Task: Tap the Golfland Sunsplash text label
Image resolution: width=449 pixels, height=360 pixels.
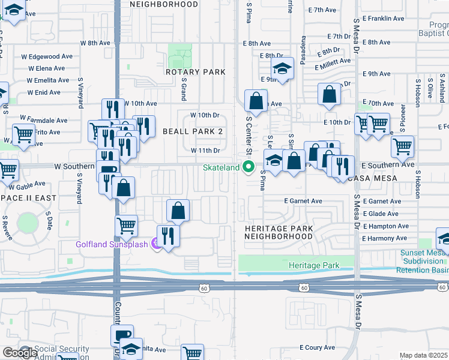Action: [x=112, y=244]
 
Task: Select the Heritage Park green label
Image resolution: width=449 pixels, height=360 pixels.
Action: [x=313, y=265]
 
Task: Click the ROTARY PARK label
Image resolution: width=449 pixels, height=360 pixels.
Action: [x=196, y=72]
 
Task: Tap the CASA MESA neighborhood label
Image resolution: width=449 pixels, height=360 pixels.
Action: [x=377, y=178]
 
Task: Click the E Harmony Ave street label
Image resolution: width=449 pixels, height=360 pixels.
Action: [x=385, y=239]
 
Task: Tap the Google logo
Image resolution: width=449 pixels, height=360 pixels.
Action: [x=19, y=352]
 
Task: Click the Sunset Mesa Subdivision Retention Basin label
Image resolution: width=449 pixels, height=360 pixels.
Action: [x=422, y=262]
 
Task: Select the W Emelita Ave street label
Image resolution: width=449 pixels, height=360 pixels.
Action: [x=46, y=80]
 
